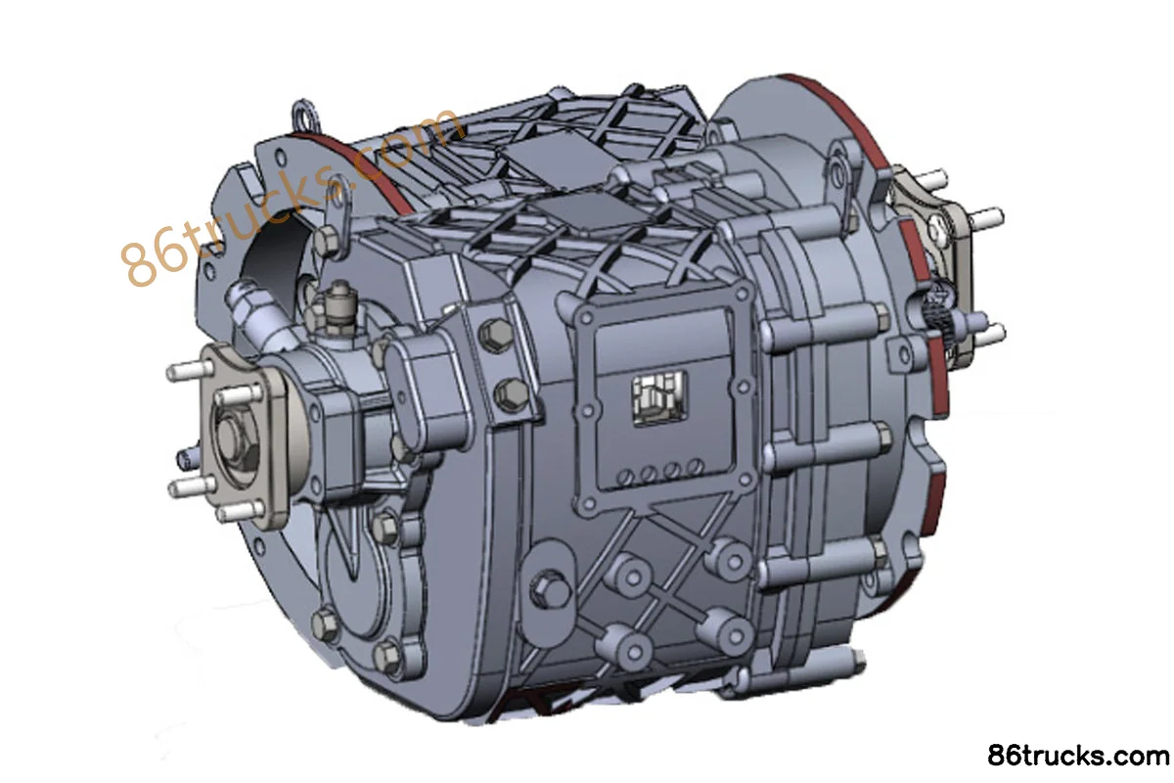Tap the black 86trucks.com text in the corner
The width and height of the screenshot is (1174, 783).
[x=1078, y=756]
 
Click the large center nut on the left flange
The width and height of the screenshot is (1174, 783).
[x=232, y=438]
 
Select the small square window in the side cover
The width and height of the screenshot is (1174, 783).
[x=659, y=397]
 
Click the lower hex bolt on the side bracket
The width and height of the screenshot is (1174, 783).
[x=511, y=394]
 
